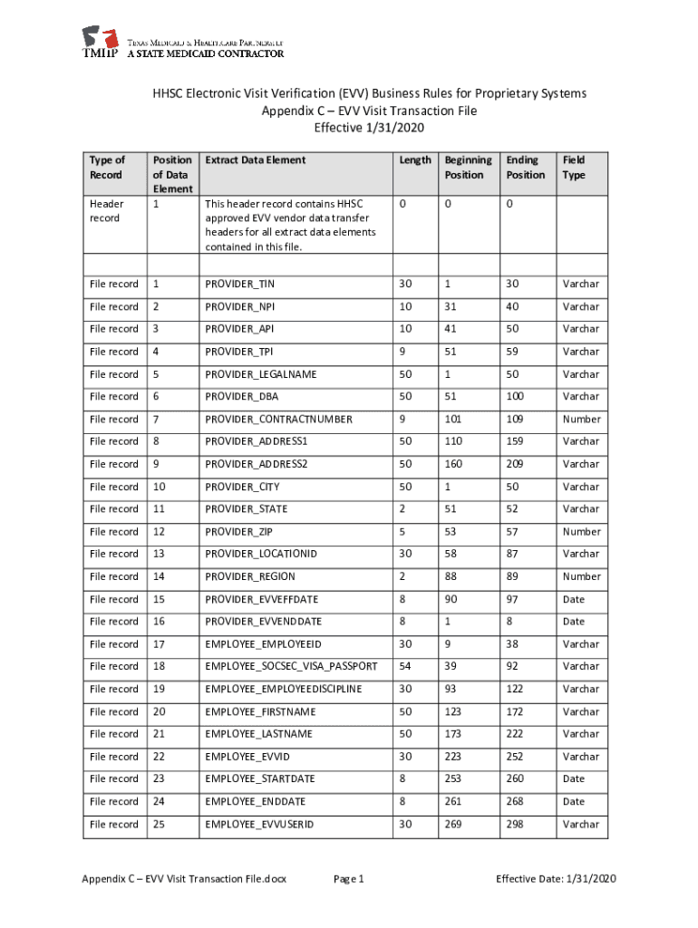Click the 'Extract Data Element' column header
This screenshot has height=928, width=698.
point(255,159)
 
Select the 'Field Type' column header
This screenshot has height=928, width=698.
point(574,167)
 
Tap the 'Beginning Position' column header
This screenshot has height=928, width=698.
point(467,167)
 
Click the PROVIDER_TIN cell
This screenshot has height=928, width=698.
point(239,285)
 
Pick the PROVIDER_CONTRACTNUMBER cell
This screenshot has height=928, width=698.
point(278,420)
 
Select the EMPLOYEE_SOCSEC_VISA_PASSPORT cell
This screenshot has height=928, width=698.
point(291,666)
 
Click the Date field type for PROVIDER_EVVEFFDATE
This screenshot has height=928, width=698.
point(574,599)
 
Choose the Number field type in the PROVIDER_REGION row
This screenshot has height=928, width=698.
point(581,576)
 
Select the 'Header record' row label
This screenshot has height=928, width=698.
point(106,211)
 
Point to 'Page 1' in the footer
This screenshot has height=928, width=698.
point(348,879)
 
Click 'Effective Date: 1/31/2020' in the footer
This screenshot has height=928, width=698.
point(556,879)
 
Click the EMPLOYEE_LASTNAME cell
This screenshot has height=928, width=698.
point(258,734)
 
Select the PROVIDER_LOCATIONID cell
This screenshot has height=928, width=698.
point(261,554)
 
